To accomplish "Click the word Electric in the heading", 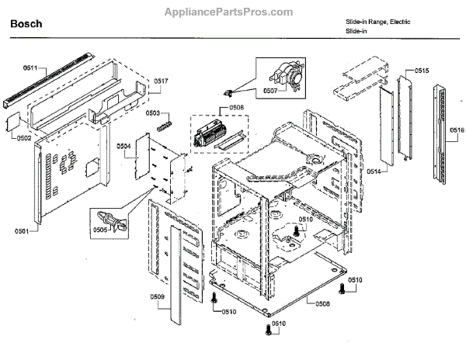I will (x=398, y=22).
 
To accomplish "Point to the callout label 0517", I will (x=161, y=81).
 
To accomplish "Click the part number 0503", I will (x=152, y=113).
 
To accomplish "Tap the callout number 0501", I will (x=21, y=231).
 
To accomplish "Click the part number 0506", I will (x=236, y=108).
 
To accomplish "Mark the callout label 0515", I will (x=422, y=71).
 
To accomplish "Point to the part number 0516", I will (x=457, y=131).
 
